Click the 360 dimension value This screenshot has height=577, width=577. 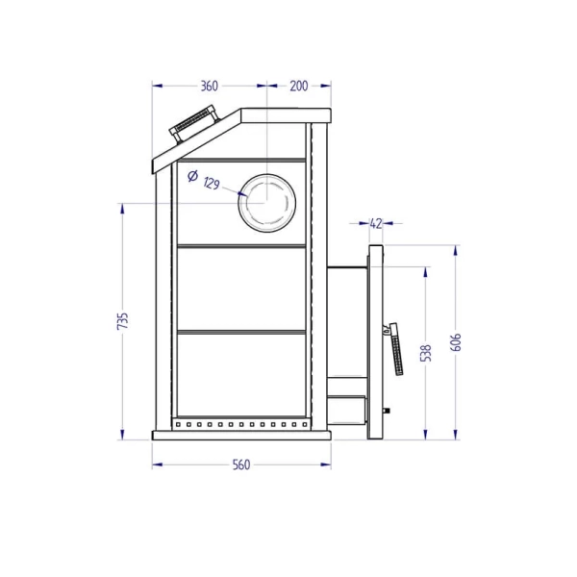click(209, 86)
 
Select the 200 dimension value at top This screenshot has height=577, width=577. click(298, 86)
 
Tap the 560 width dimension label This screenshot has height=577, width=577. click(241, 464)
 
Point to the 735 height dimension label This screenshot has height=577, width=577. click(122, 321)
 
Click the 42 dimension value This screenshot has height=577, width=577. click(375, 223)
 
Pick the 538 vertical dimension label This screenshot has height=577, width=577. click(426, 353)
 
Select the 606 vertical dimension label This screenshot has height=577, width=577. click(456, 342)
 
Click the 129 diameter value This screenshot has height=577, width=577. click(212, 183)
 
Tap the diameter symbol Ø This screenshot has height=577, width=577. click(192, 176)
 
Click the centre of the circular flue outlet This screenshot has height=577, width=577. click(266, 203)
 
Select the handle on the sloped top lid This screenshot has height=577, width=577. click(193, 123)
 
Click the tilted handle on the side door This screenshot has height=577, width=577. click(395, 349)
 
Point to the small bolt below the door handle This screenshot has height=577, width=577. click(387, 410)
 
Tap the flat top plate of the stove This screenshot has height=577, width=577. click(286, 115)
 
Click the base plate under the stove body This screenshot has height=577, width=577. click(241, 436)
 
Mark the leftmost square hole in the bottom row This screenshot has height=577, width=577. click(178, 425)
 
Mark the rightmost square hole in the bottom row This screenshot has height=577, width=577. click(305, 425)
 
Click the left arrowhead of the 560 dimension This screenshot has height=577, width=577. click(157, 464)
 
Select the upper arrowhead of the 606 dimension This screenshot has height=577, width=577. click(456, 250)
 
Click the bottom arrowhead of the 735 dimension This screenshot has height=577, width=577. click(122, 435)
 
